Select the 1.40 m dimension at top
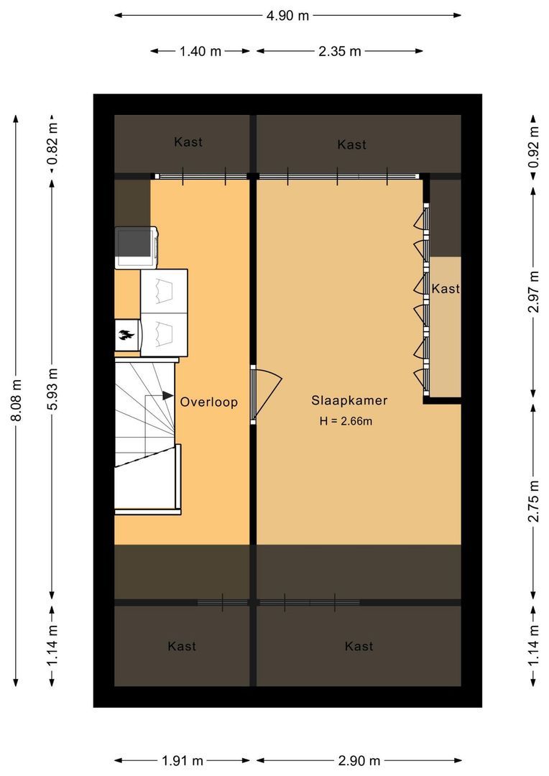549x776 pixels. [200, 51]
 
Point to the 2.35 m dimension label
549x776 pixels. [339, 51]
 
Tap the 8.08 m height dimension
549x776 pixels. [16, 402]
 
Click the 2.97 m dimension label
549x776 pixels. [532, 291]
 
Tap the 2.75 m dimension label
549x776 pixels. [532, 499]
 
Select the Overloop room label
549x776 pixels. [208, 402]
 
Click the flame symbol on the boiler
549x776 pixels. [126, 334]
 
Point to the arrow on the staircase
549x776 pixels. [167, 395]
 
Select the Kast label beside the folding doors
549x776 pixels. [445, 289]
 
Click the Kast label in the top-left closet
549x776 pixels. [188, 142]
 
